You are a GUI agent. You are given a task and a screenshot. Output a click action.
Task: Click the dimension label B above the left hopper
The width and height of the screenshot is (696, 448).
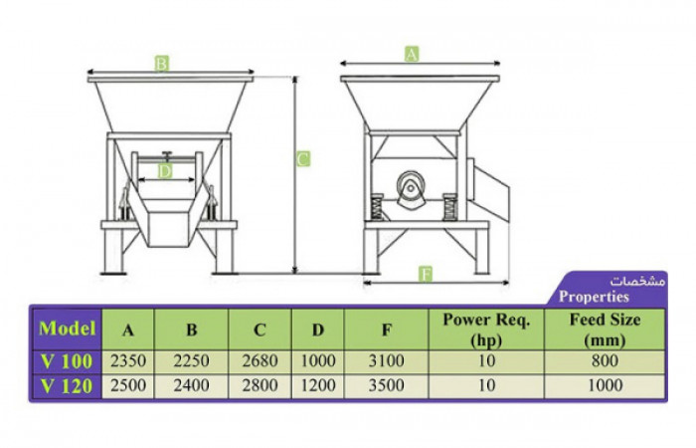[161, 63]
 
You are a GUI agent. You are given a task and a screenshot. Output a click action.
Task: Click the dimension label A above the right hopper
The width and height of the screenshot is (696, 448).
[412, 55]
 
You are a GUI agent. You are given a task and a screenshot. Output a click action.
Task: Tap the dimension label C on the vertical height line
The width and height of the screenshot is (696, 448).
[303, 157]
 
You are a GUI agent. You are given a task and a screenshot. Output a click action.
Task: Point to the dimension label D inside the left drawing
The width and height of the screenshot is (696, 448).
[165, 171]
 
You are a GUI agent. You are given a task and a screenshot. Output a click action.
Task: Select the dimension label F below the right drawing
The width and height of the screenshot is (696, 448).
[426, 274]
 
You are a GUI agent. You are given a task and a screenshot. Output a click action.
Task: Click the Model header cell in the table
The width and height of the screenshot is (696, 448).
[67, 329]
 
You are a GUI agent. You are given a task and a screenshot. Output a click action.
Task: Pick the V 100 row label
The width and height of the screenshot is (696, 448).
[67, 360]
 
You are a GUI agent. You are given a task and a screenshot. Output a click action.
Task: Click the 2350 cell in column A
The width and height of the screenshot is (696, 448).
[128, 360]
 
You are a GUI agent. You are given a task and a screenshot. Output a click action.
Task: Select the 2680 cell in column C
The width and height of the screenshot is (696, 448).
[260, 360]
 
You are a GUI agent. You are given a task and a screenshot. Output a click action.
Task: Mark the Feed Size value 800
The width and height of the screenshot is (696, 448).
[604, 360]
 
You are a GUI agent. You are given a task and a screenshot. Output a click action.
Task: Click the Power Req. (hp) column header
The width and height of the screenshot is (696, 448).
[485, 329]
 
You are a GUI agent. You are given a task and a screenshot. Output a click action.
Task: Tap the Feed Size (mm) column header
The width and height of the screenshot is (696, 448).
[604, 329]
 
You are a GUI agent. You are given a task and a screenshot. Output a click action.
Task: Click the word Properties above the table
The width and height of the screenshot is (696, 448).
[594, 296]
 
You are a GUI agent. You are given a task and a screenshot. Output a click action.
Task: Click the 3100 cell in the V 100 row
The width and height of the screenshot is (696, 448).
[385, 360]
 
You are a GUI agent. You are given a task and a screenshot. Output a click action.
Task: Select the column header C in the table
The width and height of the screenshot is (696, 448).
[260, 329]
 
